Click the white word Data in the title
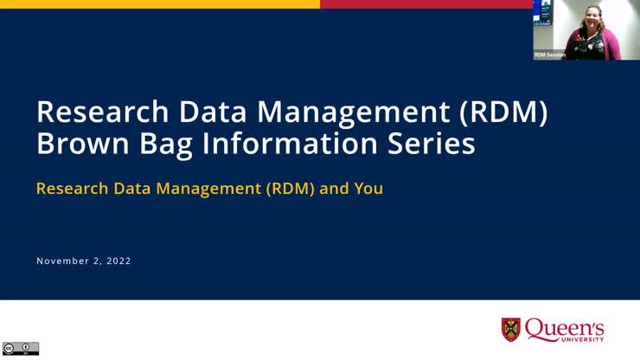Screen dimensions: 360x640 (207, 112)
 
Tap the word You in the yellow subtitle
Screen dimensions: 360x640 (368, 188)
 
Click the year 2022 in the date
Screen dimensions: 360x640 (117, 260)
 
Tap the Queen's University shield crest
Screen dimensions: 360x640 (512, 330)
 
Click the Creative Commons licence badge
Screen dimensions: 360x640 (21, 348)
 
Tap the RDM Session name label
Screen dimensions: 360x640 (549, 55)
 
